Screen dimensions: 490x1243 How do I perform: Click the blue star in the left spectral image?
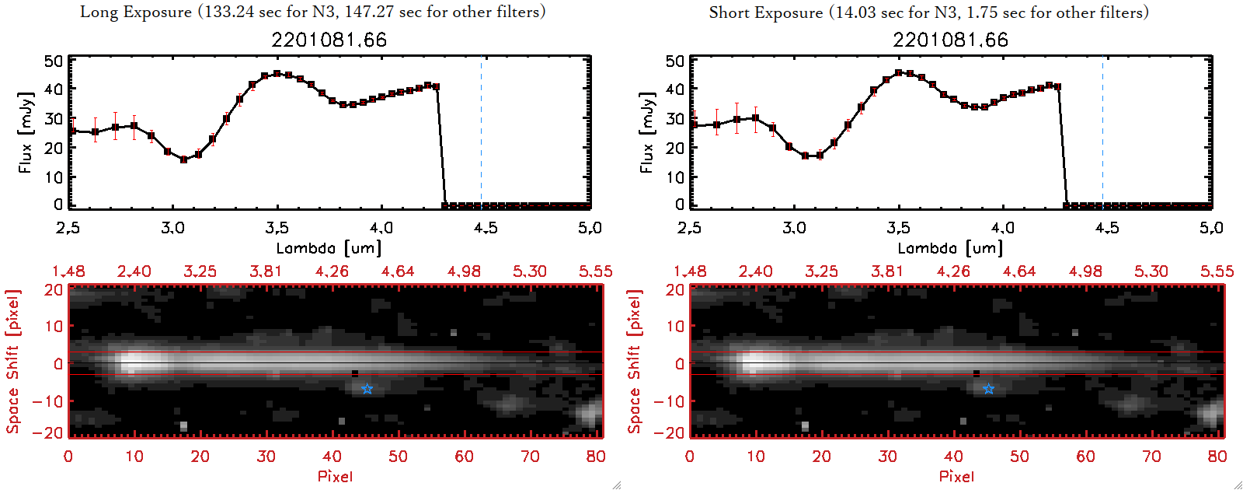pyautogui.click(x=367, y=389)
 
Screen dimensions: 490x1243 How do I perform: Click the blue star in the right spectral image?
pyautogui.click(x=988, y=389)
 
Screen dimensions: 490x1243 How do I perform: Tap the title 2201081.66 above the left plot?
pyautogui.click(x=329, y=40)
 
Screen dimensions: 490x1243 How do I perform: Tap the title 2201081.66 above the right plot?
pyautogui.click(x=950, y=40)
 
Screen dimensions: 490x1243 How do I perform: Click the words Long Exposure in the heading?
pyautogui.click(x=136, y=12)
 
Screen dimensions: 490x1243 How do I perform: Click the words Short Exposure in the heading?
pyautogui.click(x=765, y=12)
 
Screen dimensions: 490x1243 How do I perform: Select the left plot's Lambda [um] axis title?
pyautogui.click(x=329, y=248)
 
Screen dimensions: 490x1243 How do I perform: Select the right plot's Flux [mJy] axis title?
pyautogui.click(x=646, y=132)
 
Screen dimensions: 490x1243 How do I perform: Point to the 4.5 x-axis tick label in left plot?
pyautogui.click(x=486, y=228)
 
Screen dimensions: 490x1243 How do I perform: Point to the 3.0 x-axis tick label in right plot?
pyautogui.click(x=794, y=228)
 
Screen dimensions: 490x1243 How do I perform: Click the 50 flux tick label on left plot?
pyautogui.click(x=54, y=61)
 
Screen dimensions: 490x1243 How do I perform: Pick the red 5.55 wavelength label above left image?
pyautogui.click(x=595, y=271)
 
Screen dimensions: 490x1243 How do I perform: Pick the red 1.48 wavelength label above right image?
pyautogui.click(x=690, y=271)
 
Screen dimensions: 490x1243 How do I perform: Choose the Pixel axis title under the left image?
pyautogui.click(x=335, y=476)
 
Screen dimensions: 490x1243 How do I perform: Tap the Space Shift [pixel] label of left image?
pyautogui.click(x=13, y=362)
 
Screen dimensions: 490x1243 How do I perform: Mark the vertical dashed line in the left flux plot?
pyautogui.click(x=481, y=132)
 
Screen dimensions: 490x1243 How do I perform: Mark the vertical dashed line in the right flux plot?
pyautogui.click(x=1102, y=132)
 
